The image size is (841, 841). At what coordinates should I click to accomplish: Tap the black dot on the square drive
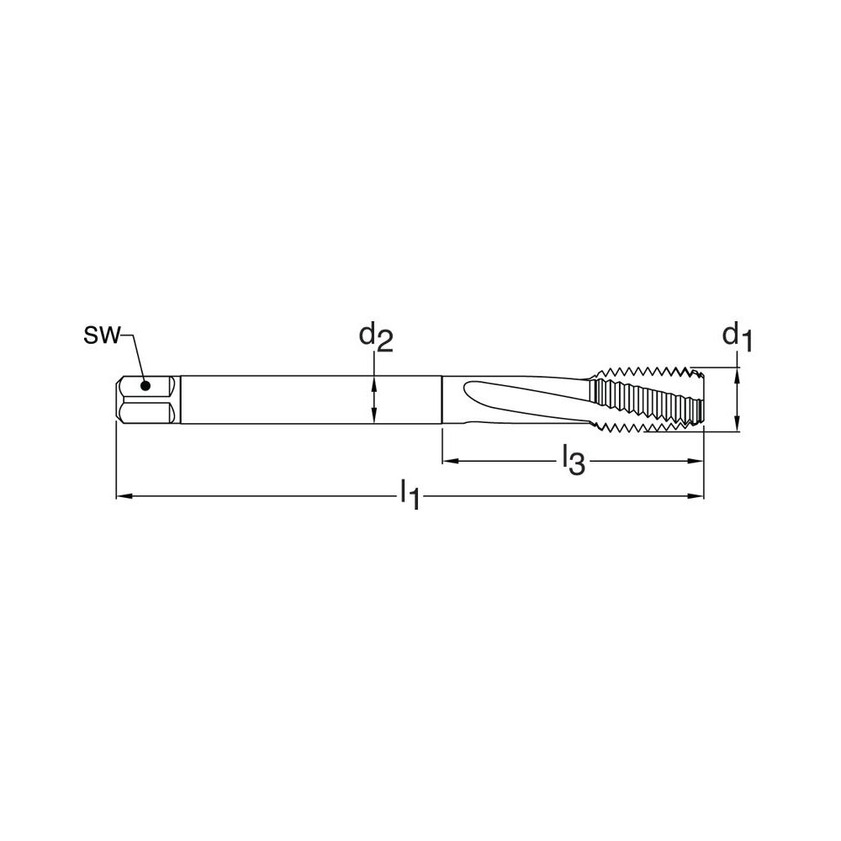(x=145, y=387)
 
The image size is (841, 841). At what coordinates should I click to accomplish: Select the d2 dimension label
(x=376, y=337)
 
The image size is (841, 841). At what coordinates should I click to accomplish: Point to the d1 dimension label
(x=737, y=337)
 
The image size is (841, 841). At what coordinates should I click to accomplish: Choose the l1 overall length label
(x=410, y=495)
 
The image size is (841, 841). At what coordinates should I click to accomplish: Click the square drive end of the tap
(x=147, y=399)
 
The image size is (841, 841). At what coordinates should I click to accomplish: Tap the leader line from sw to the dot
(x=135, y=353)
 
